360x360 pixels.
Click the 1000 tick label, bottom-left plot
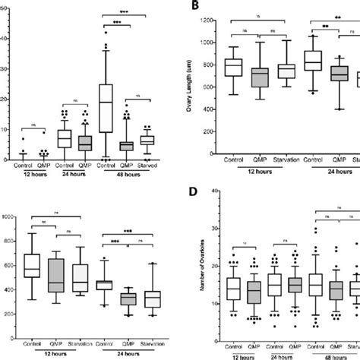[x=11, y=218]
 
